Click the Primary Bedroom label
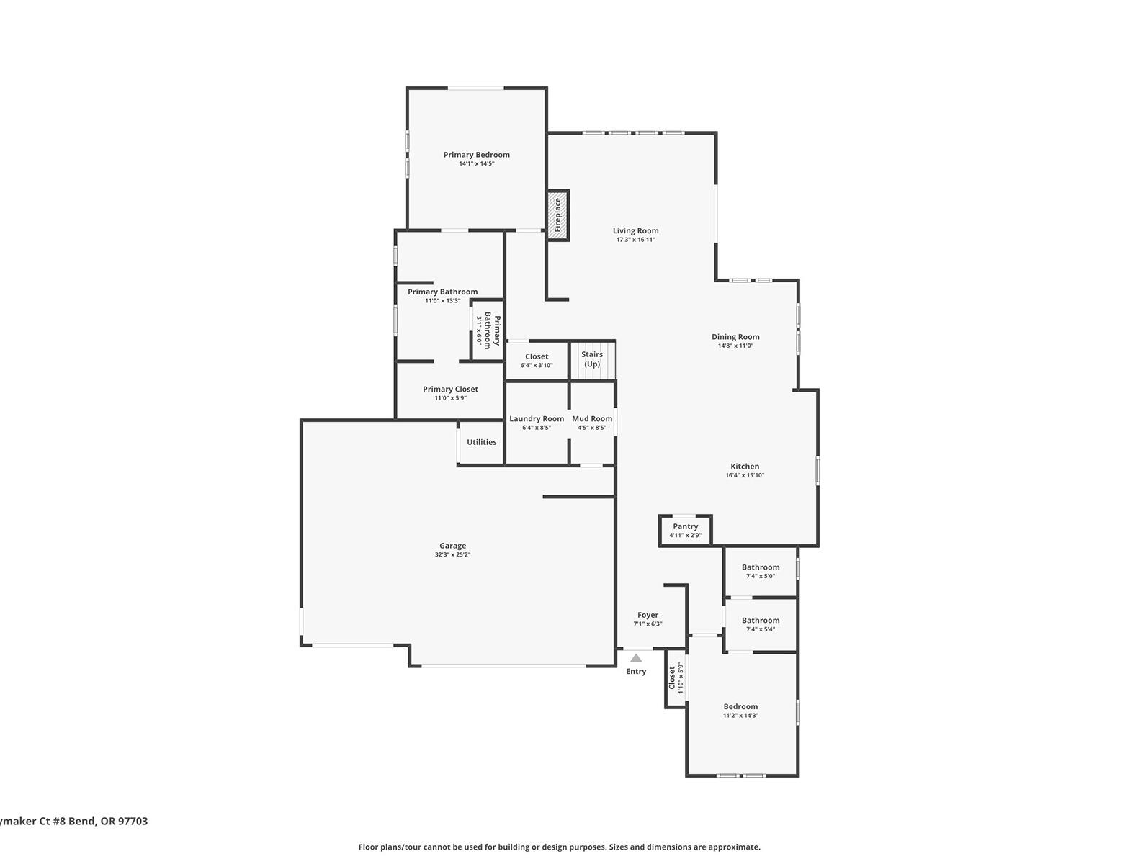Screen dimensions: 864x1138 coord(476,155)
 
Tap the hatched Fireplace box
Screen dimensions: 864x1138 coord(557,215)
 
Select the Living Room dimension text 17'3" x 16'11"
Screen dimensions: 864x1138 coord(635,240)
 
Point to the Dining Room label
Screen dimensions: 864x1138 coord(735,337)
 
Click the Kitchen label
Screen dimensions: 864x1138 coord(745,467)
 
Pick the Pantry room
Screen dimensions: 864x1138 coord(685,531)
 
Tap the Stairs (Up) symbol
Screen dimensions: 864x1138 coord(593,360)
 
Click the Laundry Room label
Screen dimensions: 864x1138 coord(537,419)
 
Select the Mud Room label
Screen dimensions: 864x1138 coord(592,419)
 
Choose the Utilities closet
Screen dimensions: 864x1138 coord(481,442)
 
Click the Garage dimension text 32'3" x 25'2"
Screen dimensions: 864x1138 coord(452,555)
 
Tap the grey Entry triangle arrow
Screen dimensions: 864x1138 coord(636,658)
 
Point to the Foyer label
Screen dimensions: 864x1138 coord(648,616)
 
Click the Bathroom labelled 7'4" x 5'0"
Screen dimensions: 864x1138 coord(760,572)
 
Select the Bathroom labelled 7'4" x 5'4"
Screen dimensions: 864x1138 coord(760,624)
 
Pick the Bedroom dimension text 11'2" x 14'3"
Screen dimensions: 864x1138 coord(740,716)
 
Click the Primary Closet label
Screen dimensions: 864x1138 coord(450,390)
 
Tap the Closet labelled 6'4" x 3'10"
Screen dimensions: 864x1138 coord(537,361)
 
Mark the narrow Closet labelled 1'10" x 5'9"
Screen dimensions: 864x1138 coord(675,678)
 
